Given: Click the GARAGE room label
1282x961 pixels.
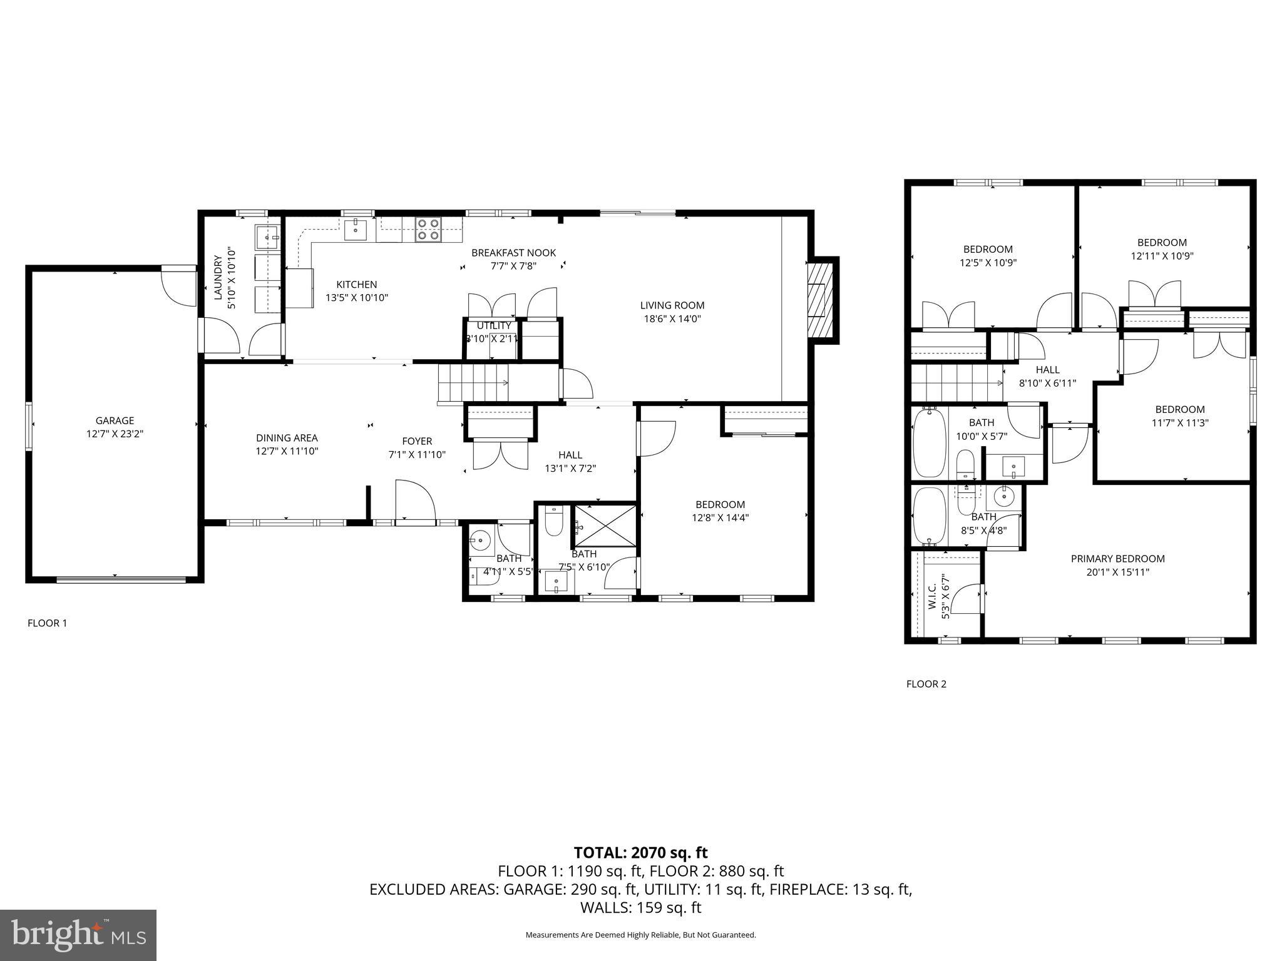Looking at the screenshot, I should point(115,420).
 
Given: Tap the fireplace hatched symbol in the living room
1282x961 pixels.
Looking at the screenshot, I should point(821,300).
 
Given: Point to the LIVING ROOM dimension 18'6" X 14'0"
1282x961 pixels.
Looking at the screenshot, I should point(672,318).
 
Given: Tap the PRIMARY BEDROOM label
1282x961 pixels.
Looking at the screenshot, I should point(1117,559).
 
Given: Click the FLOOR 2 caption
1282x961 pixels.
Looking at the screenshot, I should point(926,684).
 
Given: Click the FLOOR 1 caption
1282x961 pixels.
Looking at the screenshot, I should point(47,623).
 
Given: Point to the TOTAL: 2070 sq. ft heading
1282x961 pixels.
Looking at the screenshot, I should point(640,852).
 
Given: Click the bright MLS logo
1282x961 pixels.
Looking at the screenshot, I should point(78,935).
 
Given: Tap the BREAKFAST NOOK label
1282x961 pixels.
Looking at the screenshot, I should point(513,253).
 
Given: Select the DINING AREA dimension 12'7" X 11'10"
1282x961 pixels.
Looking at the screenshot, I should point(287,451).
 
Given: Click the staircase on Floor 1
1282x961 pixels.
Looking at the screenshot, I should point(473,383).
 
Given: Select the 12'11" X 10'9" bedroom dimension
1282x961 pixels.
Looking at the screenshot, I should point(1162,256).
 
